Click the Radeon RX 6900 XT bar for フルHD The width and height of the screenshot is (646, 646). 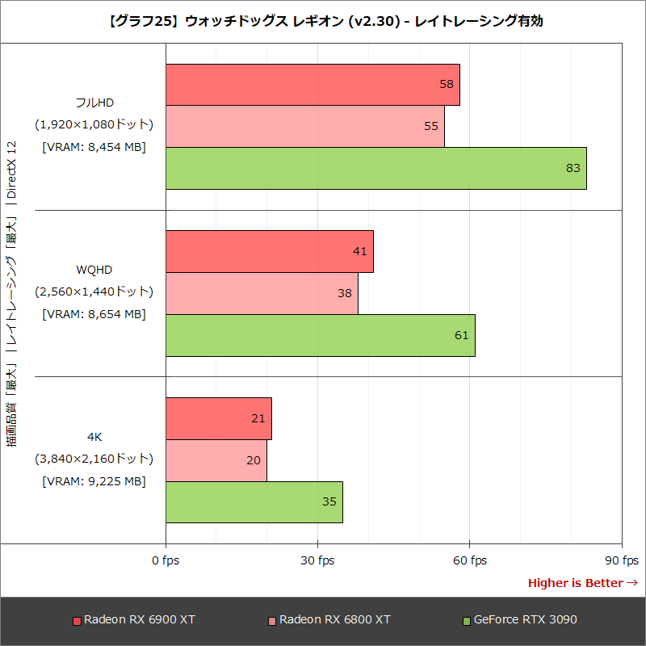coord(313,85)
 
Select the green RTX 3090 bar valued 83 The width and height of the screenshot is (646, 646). coord(375,169)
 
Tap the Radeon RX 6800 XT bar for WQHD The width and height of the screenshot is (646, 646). coord(262,293)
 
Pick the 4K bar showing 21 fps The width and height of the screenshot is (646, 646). coord(219,418)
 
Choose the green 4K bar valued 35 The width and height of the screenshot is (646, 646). coord(254,501)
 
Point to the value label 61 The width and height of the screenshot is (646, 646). coord(462,335)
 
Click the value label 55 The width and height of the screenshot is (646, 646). coord(431,126)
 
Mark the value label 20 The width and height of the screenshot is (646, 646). coord(254,459)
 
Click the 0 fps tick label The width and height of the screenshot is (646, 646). coord(166,560)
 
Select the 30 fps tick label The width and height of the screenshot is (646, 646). coord(317,560)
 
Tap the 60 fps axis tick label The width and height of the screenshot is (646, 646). coord(470,560)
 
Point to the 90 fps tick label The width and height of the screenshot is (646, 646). coord(622,560)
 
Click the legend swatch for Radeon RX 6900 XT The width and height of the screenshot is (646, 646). coord(77,621)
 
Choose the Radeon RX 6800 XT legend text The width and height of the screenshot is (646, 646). coord(335,620)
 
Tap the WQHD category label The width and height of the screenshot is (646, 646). coord(94,268)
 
